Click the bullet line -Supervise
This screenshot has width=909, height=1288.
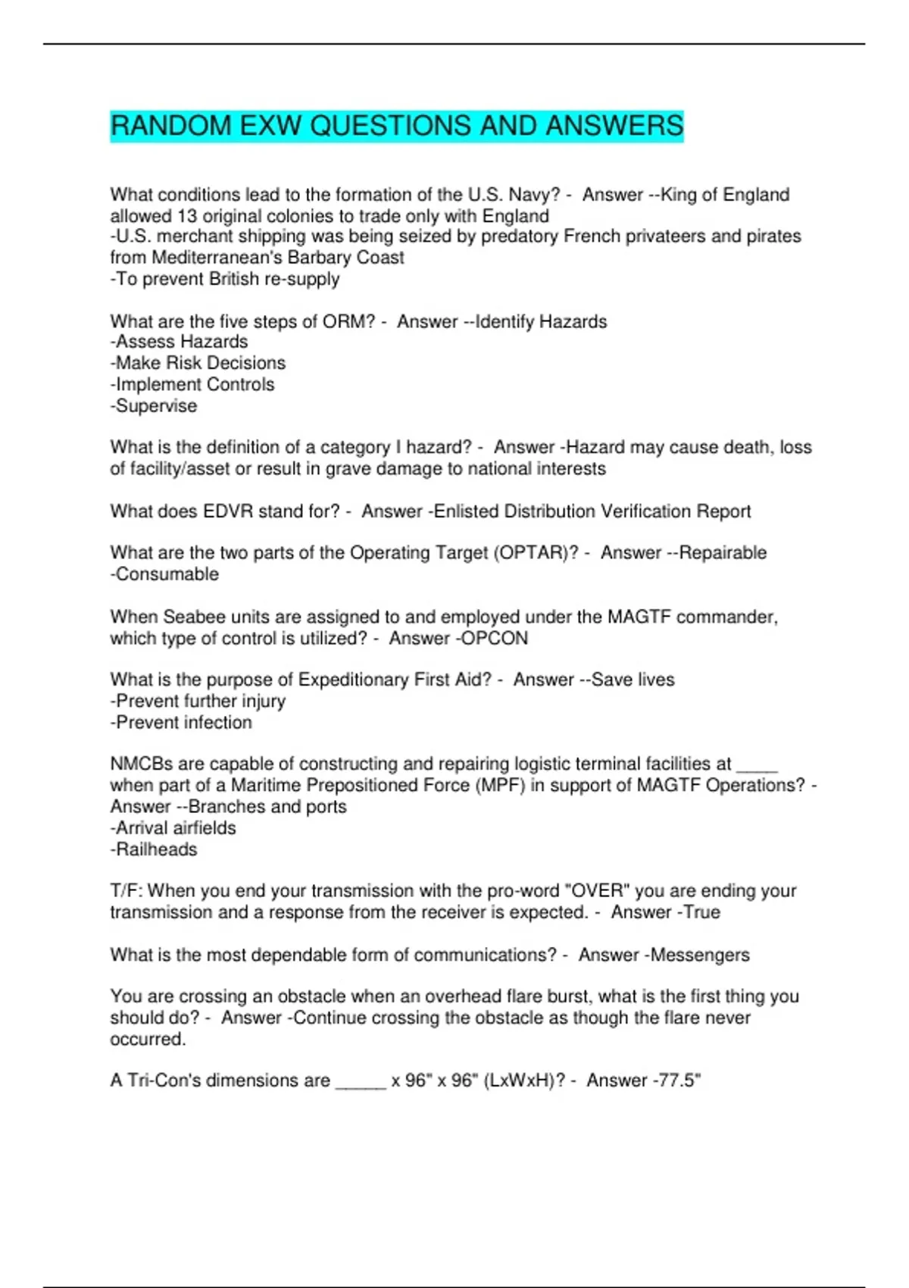pyautogui.click(x=154, y=406)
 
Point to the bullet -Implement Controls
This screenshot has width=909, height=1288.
pyautogui.click(x=192, y=385)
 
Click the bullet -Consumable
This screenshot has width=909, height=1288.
pyautogui.click(x=164, y=574)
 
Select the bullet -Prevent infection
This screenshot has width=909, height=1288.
pyautogui.click(x=181, y=723)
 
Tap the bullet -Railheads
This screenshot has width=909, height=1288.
pyautogui.click(x=154, y=849)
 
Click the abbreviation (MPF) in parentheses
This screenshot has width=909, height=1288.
pyautogui.click(x=501, y=786)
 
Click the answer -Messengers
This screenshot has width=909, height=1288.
pyautogui.click(x=697, y=955)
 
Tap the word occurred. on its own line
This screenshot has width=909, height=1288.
pyautogui.click(x=148, y=1039)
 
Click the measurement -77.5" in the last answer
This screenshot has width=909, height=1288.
pyautogui.click(x=677, y=1080)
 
